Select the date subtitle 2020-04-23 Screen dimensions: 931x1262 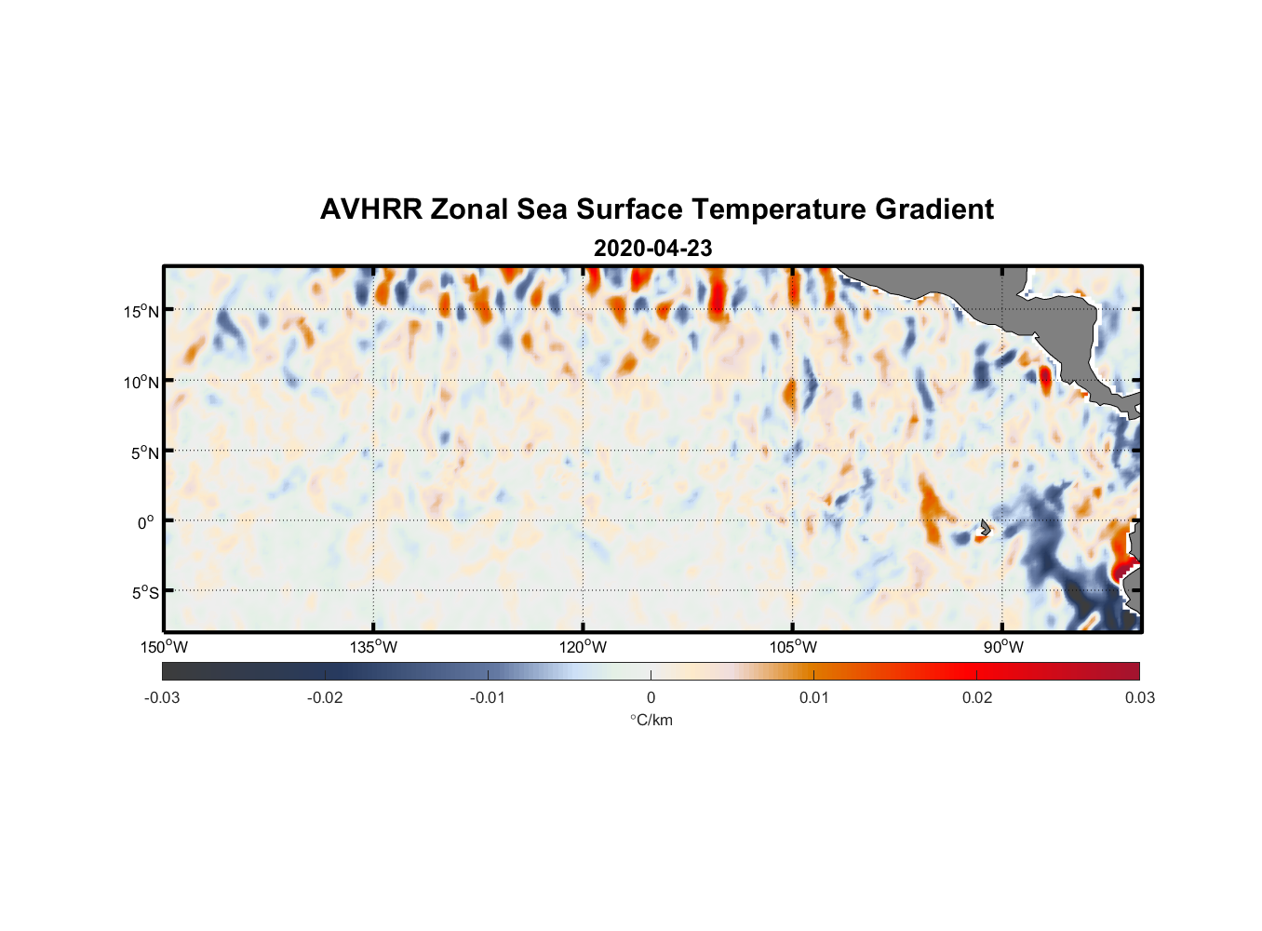[x=652, y=249]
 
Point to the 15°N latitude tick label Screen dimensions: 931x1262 [x=141, y=311]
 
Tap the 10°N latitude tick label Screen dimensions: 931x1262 [x=141, y=382]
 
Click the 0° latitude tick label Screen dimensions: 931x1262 [x=147, y=522]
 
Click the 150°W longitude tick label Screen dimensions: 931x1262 [x=165, y=647]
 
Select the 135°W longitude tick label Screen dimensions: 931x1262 [x=374, y=647]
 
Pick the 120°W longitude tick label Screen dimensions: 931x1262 [x=584, y=647]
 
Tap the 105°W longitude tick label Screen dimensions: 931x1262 [x=793, y=647]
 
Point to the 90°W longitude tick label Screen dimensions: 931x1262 [x=1003, y=647]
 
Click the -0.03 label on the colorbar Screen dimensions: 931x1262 [x=162, y=697]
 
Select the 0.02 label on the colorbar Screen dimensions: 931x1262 [x=977, y=697]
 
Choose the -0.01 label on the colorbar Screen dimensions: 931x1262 [x=488, y=697]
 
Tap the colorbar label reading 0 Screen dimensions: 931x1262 [x=651, y=697]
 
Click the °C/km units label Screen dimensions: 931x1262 [x=651, y=720]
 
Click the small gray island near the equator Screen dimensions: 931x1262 [x=985, y=528]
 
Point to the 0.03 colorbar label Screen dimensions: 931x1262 [x=1139, y=697]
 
